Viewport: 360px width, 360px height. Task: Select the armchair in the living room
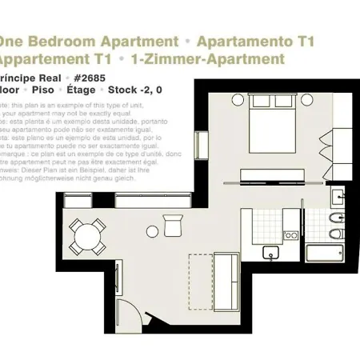[173, 226]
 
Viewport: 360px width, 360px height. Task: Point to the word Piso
[48, 90]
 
